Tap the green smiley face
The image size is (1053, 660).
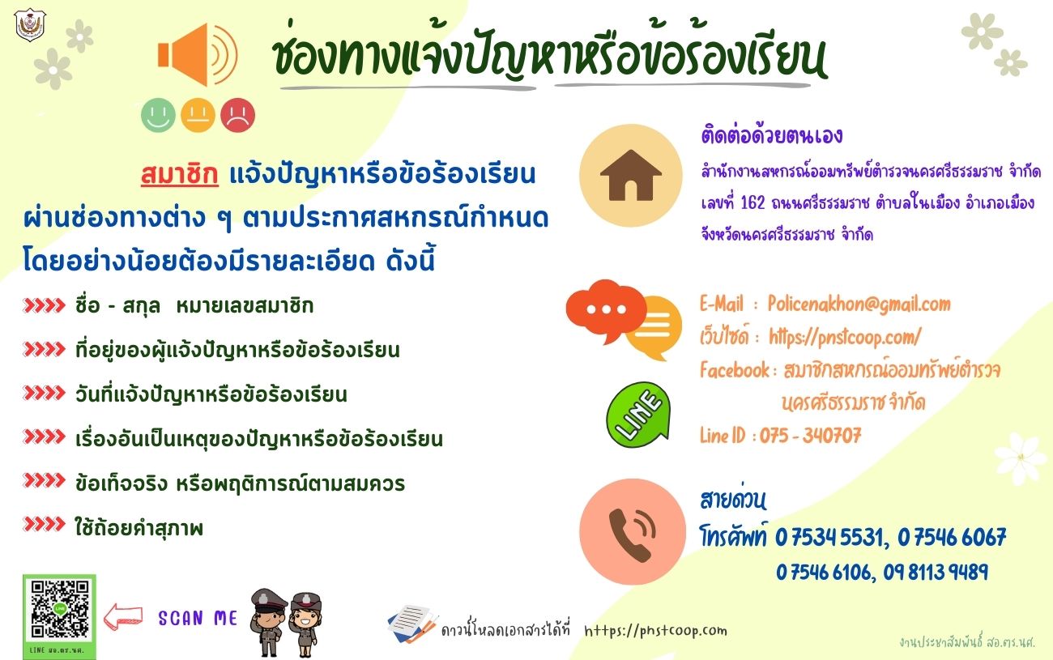(158, 115)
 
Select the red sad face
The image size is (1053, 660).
(238, 115)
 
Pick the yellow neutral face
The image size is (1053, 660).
(198, 115)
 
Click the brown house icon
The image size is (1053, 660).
(630, 176)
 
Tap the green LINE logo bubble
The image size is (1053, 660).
(638, 415)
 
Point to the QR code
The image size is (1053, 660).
(60, 610)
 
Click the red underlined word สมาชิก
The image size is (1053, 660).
(180, 174)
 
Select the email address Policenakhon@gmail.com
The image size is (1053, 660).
(859, 304)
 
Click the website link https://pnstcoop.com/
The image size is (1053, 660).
(845, 337)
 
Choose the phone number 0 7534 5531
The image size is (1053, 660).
(832, 536)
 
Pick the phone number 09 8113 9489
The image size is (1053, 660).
(936, 572)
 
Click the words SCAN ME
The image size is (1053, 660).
(198, 618)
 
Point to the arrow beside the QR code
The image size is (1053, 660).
(122, 617)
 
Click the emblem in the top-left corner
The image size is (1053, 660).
(30, 24)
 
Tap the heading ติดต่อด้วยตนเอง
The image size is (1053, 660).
(771, 136)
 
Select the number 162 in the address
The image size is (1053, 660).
(752, 202)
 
